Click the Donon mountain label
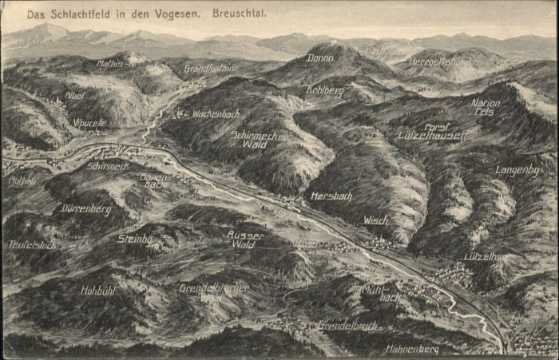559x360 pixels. coord(321,57)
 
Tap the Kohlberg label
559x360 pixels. coord(324,91)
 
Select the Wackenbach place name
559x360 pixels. coord(216,114)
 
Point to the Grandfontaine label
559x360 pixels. coord(211,69)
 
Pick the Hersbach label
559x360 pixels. coord(330,196)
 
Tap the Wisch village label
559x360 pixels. coord(375,220)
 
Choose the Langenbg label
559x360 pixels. coord(517,170)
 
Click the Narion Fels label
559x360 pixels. coord(485,107)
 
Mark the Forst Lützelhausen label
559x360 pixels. coord(432,131)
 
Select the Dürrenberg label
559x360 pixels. coord(85,208)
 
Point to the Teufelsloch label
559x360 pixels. coord(32,245)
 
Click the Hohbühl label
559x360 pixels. coord(98,291)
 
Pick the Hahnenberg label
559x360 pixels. coord(412,349)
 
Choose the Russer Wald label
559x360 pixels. coord(245,239)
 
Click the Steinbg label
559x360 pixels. coord(134,238)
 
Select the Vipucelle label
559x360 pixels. coord(89,124)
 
